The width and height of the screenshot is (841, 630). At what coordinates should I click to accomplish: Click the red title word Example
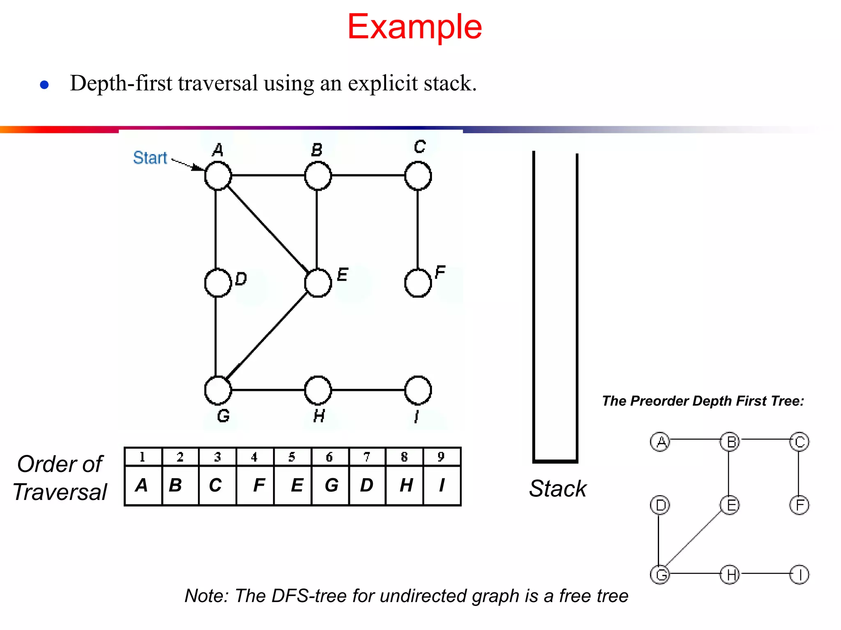(414, 27)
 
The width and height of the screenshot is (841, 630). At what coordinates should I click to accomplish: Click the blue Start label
(150, 158)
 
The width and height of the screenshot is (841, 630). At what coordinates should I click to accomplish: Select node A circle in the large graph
(218, 176)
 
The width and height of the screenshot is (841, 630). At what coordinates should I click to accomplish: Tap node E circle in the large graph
(318, 283)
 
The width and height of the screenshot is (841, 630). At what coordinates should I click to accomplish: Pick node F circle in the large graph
(418, 283)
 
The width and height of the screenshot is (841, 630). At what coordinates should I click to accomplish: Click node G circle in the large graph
(218, 390)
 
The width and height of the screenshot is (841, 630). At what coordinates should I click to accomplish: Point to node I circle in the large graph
(418, 390)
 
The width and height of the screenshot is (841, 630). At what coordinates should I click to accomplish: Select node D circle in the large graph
(218, 283)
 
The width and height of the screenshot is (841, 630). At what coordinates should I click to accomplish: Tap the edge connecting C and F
(418, 230)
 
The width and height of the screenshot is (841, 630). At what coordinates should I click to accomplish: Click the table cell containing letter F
(255, 485)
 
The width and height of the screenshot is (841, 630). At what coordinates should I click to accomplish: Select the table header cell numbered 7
(367, 457)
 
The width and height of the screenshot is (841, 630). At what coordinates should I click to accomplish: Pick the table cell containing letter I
(442, 485)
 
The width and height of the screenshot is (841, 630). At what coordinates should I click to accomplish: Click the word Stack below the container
(558, 489)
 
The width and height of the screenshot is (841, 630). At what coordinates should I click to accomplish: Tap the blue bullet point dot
(44, 85)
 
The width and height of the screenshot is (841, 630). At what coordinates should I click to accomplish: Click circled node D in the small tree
(660, 505)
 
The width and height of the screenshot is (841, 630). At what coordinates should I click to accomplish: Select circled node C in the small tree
(799, 442)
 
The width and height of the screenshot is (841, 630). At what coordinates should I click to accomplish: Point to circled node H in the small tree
(730, 575)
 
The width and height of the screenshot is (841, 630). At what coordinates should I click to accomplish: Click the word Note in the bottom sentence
(205, 596)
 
